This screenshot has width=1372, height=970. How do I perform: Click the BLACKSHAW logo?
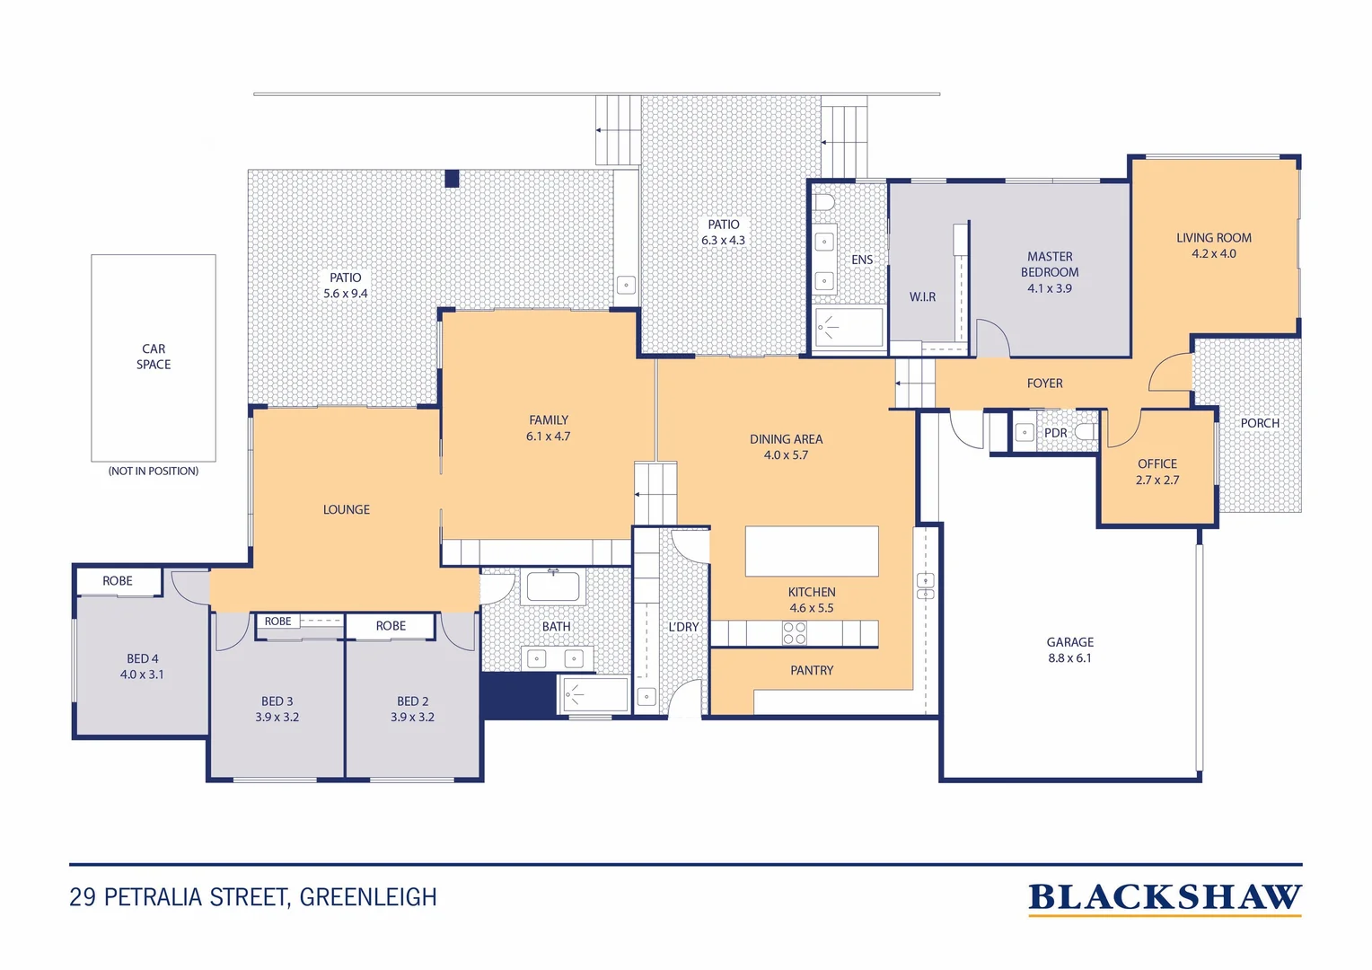click(1165, 898)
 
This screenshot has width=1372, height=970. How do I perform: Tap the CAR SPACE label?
click(154, 356)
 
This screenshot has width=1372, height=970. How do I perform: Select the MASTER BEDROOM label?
click(1050, 264)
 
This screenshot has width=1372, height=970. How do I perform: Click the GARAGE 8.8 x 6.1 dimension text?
click(1069, 658)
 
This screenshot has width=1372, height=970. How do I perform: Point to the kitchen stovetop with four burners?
click(795, 633)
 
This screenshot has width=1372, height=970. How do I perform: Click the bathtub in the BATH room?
click(553, 586)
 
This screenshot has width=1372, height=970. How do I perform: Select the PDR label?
click(1055, 433)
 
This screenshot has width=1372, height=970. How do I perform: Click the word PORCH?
click(1259, 423)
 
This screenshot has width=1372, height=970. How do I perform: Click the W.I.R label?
click(922, 296)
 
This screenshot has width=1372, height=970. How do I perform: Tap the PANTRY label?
click(812, 670)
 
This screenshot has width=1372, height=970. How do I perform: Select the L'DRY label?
click(683, 627)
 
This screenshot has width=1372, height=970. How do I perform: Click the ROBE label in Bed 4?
click(117, 580)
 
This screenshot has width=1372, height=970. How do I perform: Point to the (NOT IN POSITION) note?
click(154, 471)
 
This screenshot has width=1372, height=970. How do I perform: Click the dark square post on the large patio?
click(452, 179)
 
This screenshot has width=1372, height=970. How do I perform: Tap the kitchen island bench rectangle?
click(812, 551)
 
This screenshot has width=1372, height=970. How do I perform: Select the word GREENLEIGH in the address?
click(368, 897)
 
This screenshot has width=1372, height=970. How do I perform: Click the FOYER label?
click(1044, 383)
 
